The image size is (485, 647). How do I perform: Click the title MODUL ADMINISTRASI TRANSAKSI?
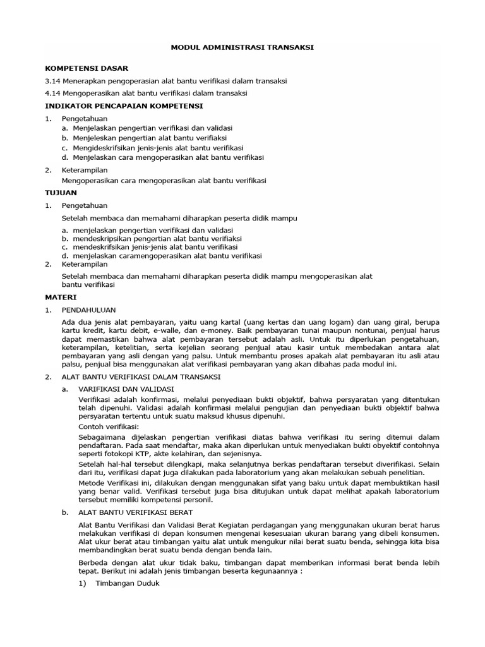(242, 47)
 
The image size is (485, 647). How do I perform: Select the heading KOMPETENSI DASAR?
(87, 68)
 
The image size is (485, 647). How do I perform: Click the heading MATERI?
(61, 296)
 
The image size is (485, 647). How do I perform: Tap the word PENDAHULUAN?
(89, 310)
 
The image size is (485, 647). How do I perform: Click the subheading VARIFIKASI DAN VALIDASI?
(125, 389)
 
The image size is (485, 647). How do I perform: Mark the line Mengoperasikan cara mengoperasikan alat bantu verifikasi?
(164, 181)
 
